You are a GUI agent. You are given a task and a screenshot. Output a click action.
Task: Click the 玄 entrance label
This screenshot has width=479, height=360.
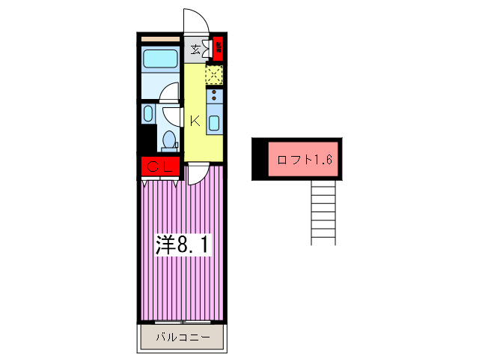point(195,50)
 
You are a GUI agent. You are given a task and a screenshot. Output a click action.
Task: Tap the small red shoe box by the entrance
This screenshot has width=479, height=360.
point(219,49)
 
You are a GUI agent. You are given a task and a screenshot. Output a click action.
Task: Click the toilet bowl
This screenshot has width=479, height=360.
point(169,139)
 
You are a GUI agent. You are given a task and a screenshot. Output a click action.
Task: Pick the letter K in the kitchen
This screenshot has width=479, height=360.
point(194,120)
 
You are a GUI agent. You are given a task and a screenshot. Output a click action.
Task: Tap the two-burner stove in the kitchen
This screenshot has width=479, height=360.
point(215,95)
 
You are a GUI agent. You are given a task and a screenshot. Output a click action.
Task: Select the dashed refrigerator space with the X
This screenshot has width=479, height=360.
point(215,75)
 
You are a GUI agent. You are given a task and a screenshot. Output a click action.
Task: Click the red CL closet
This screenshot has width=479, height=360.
point(159,167)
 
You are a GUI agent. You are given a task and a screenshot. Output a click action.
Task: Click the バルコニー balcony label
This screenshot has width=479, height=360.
point(181,337)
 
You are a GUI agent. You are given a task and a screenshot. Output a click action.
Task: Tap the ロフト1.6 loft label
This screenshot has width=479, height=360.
point(304,159)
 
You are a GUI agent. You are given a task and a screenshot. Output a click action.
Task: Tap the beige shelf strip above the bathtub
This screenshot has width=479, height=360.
point(159,37)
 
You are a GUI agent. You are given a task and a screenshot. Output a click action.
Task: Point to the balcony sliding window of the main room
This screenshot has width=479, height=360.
point(181,321)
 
